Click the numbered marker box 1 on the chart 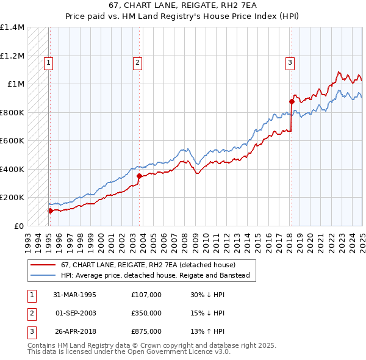tap(48, 62)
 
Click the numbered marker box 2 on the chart tap(138, 62)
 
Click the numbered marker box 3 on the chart tap(290, 62)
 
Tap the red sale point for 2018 tap(292, 102)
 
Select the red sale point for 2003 tap(140, 176)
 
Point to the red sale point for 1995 tap(50, 211)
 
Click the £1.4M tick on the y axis tap(12, 27)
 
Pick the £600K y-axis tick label tap(12, 141)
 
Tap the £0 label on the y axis tap(18, 226)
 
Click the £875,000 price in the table tap(146, 331)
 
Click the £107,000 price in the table tap(146, 295)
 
